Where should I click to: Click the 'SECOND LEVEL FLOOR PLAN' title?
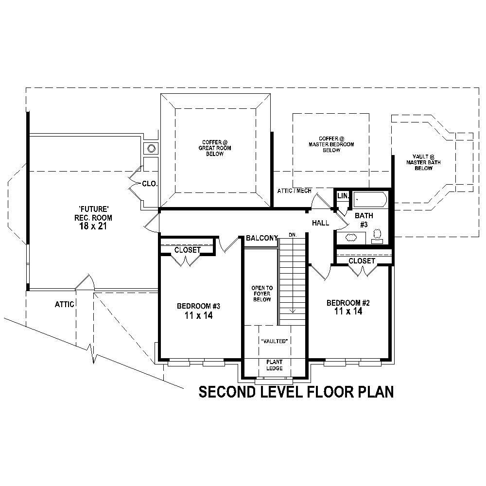[296, 392]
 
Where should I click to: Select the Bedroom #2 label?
[348, 303]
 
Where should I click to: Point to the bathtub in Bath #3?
[369, 200]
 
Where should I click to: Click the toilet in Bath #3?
[377, 236]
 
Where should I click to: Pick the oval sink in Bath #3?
[350, 238]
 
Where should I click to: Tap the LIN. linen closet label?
[343, 195]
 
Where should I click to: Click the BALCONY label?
[261, 238]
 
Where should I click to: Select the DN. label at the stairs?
[293, 235]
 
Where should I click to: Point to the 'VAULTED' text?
[276, 341]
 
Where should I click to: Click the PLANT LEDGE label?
[275, 365]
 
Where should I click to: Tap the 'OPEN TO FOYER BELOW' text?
[261, 294]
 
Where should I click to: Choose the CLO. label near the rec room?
[149, 184]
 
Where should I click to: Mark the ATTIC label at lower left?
[64, 304]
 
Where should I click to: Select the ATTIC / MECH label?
[294, 191]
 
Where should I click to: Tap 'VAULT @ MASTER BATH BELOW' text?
[423, 162]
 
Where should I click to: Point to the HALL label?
[321, 223]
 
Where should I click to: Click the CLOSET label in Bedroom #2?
[362, 261]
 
